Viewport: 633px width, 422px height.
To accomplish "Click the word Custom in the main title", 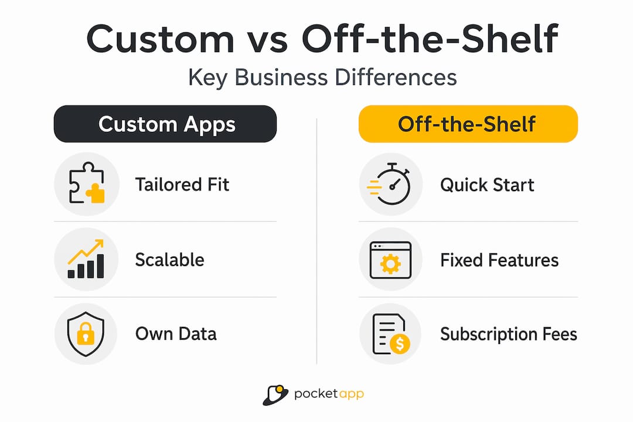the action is pyautogui.click(x=160, y=39).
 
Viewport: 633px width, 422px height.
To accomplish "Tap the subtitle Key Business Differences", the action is pyautogui.click(x=322, y=77).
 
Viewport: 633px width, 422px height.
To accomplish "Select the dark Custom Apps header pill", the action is pyautogui.click(x=165, y=124).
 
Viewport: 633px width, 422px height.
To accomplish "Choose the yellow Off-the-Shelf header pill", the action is pyautogui.click(x=468, y=124).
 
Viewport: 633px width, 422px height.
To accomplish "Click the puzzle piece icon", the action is pyautogui.click(x=87, y=183).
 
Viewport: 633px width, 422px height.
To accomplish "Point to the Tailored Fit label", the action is pyautogui.click(x=182, y=185).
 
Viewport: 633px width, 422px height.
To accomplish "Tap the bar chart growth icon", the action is pyautogui.click(x=86, y=259).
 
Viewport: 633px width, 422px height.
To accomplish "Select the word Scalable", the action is pyautogui.click(x=169, y=260).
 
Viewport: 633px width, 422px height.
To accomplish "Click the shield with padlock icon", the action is pyautogui.click(x=86, y=333).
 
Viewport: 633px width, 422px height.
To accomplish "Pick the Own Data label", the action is pyautogui.click(x=176, y=334).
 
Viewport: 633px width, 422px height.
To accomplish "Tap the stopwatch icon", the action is pyautogui.click(x=389, y=183).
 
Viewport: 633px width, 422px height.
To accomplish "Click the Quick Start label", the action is pyautogui.click(x=487, y=185).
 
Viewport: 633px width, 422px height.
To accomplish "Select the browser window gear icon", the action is pyautogui.click(x=390, y=260).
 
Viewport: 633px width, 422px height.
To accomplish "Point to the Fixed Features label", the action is pyautogui.click(x=499, y=260).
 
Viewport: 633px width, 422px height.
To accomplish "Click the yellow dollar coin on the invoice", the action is pyautogui.click(x=400, y=344).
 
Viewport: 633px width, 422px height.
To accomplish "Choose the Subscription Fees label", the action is pyautogui.click(x=509, y=334).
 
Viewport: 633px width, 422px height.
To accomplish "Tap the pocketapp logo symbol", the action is pyautogui.click(x=275, y=394).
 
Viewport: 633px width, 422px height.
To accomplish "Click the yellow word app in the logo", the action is pyautogui.click(x=351, y=394).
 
